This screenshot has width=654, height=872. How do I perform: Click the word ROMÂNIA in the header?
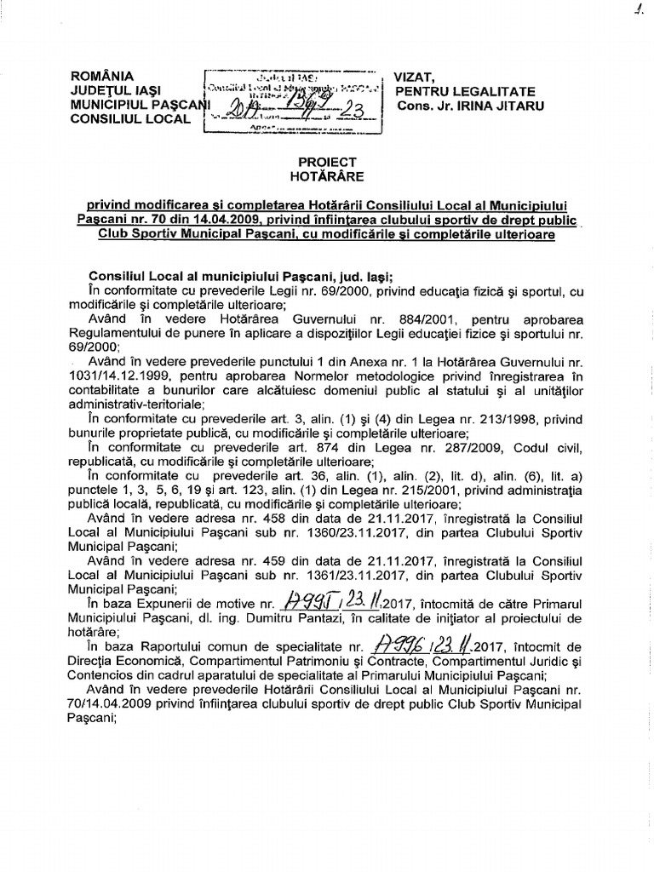[103, 76]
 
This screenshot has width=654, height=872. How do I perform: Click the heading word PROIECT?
[328, 162]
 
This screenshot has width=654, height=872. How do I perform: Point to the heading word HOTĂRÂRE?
[328, 176]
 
